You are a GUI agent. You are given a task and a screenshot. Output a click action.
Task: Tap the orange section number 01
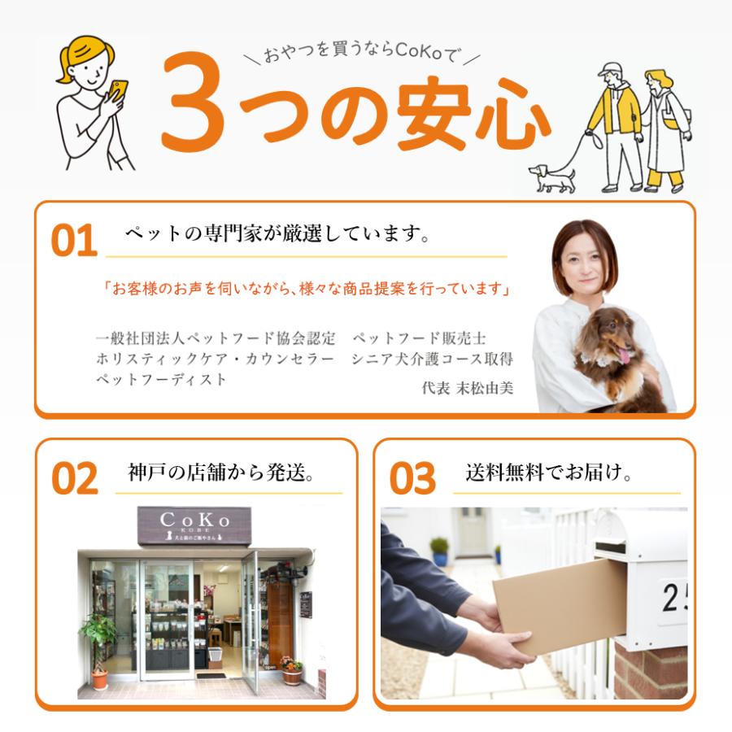pos(74,241)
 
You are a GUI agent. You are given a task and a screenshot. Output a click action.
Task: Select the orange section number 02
pos(75,477)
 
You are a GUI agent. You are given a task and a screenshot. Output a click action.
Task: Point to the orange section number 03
pos(412,477)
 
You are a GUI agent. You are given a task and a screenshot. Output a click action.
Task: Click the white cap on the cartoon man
pos(610,70)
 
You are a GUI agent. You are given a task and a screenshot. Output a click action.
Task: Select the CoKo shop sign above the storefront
pos(194,525)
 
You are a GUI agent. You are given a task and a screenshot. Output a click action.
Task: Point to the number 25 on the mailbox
pos(674,598)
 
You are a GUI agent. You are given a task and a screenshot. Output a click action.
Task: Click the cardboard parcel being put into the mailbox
pos(560,605)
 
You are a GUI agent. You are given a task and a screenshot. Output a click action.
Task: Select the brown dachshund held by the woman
pos(617,357)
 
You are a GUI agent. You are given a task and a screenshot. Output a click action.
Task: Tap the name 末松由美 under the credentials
pos(484,388)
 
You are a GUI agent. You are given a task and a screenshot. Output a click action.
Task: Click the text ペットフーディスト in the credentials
pos(161,379)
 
